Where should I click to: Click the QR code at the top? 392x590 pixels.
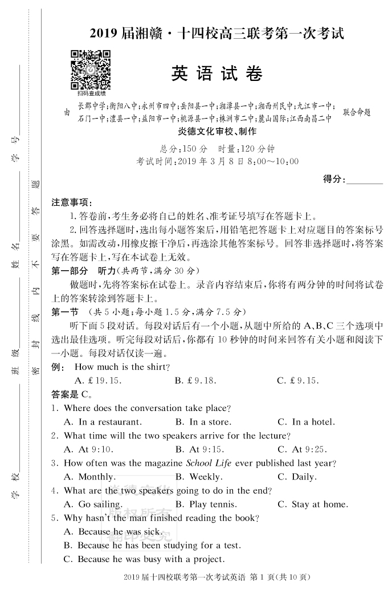(90, 70)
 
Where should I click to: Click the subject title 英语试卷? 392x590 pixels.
(217, 75)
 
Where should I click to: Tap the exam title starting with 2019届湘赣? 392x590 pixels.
(217, 34)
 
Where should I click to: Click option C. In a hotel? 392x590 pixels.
(307, 422)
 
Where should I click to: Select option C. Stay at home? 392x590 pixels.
(313, 504)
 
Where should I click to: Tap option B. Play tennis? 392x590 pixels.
(207, 504)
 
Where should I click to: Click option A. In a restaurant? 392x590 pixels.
(103, 422)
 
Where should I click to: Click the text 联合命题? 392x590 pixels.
(357, 112)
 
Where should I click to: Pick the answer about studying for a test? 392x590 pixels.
(152, 546)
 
